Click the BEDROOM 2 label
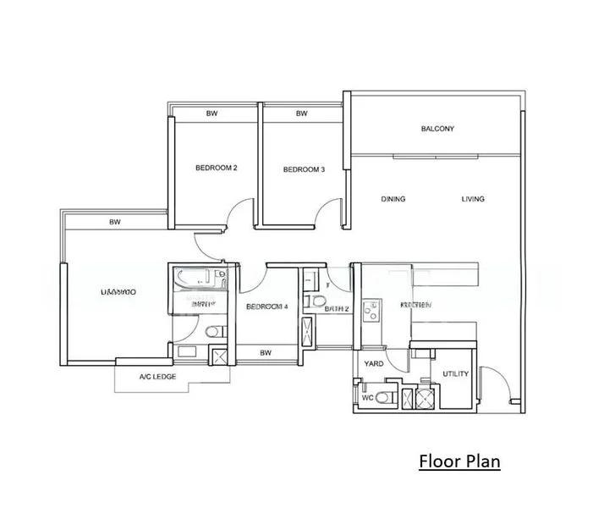(216, 168)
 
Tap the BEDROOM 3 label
(304, 169)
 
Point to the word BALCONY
(437, 130)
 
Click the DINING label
(393, 200)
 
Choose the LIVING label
(473, 200)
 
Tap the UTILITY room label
(455, 373)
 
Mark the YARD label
(374, 364)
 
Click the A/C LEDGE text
(157, 377)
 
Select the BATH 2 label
(338, 310)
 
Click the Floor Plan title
(460, 461)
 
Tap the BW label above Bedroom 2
(211, 114)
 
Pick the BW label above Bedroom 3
(302, 114)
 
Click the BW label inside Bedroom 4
(266, 353)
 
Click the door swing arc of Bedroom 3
(330, 212)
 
